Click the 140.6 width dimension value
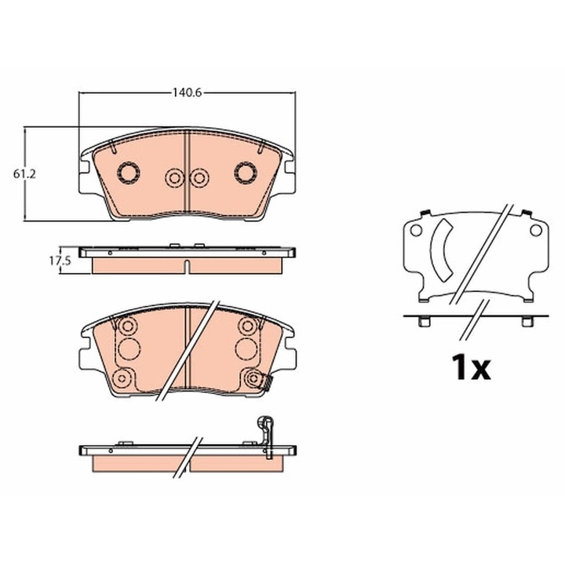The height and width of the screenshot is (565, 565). click(187, 93)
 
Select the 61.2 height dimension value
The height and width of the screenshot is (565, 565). click(24, 174)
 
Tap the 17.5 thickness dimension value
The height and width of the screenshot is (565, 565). click(60, 261)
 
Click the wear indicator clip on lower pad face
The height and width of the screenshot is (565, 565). click(267, 383)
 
